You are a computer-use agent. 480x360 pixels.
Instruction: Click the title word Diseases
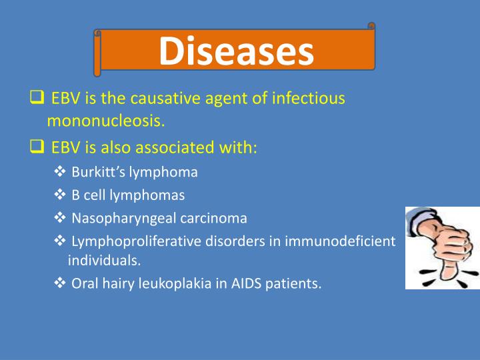coord(236,52)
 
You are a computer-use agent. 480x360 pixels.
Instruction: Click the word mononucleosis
coord(105,121)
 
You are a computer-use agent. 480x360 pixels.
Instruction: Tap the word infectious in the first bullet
coord(308,99)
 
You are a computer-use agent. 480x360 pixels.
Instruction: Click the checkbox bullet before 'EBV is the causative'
coord(37,99)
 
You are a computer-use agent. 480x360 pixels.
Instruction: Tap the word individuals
coord(103,261)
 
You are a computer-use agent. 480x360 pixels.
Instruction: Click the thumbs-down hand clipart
coord(441,247)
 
